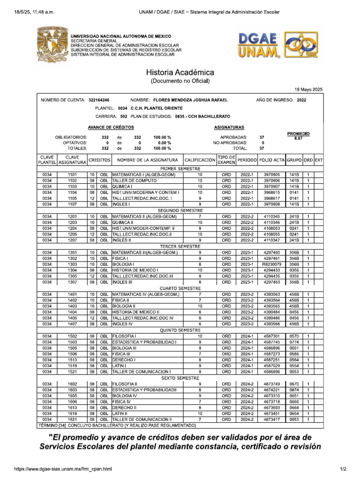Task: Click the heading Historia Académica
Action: [x=180, y=73]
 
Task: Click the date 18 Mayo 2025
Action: [x=308, y=90]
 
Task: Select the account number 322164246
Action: [x=99, y=100]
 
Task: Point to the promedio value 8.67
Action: [x=298, y=139]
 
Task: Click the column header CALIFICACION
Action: [x=200, y=160]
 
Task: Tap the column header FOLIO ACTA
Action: [x=271, y=160]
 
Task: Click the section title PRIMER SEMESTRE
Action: [x=180, y=168]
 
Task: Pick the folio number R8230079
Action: [x=271, y=264]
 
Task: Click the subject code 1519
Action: [x=72, y=366]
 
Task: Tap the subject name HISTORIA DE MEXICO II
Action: [x=136, y=312]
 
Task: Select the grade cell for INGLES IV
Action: [x=200, y=323]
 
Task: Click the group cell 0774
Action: [x=294, y=342]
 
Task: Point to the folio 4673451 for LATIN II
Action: [x=271, y=413]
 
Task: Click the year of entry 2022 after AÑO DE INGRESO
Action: [x=302, y=100]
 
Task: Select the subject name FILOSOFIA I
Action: [x=124, y=336]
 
